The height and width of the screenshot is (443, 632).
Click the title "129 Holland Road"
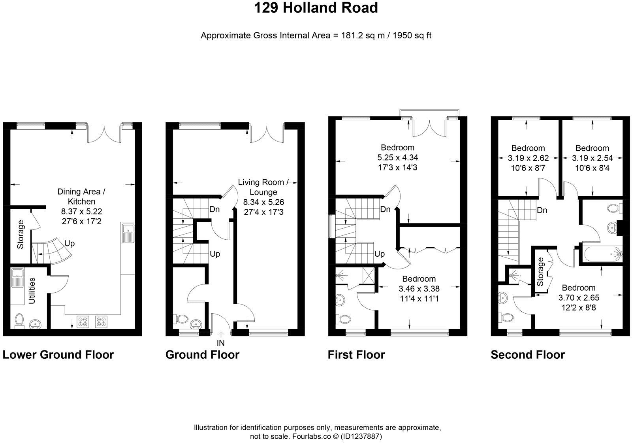[x=316, y=8]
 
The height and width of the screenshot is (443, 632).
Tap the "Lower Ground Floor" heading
[x=58, y=355]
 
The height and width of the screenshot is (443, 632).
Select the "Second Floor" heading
[x=528, y=355]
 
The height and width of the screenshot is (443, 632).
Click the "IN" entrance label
[x=220, y=343]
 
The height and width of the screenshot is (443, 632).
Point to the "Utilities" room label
[x=32, y=291]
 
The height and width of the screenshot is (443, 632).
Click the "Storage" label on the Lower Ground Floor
[x=20, y=235]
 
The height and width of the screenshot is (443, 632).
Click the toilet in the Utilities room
[x=19, y=321]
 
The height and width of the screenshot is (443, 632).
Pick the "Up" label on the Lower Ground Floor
[x=70, y=243]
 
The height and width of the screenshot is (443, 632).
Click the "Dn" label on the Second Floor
[x=542, y=210]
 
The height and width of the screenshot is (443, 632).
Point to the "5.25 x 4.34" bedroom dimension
[x=397, y=157]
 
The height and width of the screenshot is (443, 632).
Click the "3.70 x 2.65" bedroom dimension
[x=579, y=297]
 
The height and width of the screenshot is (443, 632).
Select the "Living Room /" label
[x=263, y=182]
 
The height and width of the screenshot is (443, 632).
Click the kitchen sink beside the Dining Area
[x=127, y=233]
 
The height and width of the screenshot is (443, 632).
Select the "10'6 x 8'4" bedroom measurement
[x=592, y=168]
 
